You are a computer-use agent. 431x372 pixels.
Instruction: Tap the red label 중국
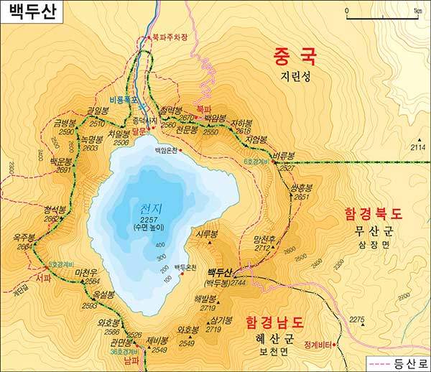[296, 56]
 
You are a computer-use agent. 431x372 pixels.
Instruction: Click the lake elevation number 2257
[150, 219]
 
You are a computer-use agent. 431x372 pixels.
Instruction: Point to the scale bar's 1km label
[417, 11]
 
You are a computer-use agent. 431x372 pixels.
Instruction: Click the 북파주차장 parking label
[169, 38]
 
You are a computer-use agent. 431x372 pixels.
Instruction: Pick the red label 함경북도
[374, 213]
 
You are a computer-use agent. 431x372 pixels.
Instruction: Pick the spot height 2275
[357, 319]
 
